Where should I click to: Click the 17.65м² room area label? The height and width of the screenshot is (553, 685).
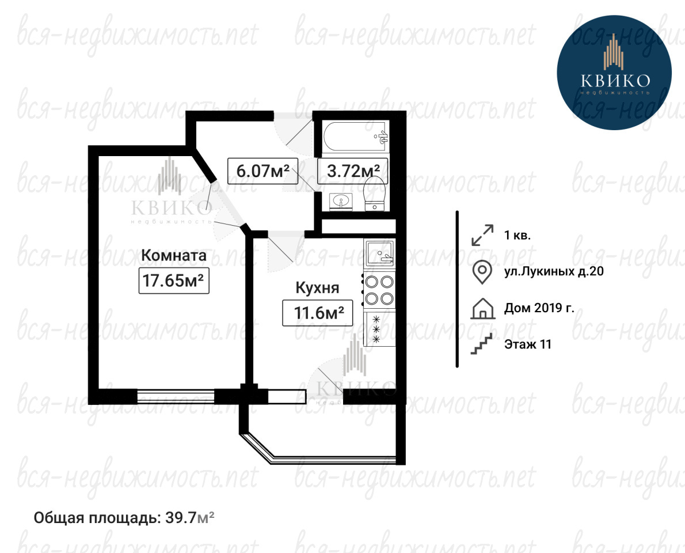pos(174,280)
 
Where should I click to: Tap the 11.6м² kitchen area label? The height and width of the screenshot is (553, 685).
pos(318,313)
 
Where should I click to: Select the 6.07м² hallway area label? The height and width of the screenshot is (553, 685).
pos(262,171)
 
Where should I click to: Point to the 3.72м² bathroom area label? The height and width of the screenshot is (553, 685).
pos(353,171)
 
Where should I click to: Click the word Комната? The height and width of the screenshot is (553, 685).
pos(174,255)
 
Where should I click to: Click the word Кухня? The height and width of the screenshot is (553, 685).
pos(318,288)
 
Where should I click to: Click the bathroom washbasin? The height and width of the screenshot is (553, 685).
pos(340,202)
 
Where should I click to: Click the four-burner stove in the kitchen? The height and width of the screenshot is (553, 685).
pos(379,290)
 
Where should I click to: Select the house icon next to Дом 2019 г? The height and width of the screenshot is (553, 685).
pos(483,308)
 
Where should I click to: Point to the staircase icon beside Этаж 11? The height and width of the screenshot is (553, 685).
pos(481,343)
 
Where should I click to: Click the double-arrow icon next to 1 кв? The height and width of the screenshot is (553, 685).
pos(482,235)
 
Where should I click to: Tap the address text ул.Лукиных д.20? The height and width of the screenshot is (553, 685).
pos(554,271)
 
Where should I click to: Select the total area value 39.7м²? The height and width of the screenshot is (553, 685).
pos(190,518)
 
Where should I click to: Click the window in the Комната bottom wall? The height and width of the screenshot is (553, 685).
pos(176,397)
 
